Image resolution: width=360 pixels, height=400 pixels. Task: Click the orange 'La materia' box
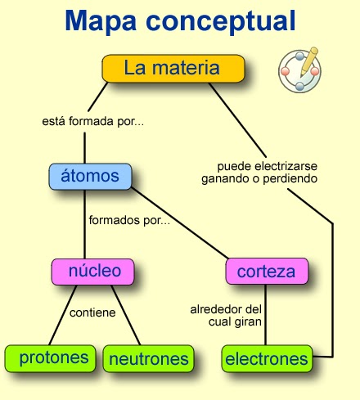tap(173, 69)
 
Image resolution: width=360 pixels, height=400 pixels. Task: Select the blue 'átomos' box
tap(90, 177)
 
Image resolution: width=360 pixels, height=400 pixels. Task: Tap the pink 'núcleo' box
tap(92, 272)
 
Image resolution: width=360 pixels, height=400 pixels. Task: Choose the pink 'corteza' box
tap(267, 272)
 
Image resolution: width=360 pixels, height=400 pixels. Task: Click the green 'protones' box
tap(50, 358)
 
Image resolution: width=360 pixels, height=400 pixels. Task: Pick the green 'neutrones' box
tap(149, 358)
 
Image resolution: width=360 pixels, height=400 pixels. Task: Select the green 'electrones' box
tap(267, 358)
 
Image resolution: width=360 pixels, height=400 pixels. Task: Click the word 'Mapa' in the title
tap(101, 21)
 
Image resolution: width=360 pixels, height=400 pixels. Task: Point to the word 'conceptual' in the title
tap(221, 21)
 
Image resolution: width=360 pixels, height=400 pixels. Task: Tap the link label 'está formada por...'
tap(92, 121)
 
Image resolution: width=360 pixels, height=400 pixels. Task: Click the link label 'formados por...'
tap(129, 220)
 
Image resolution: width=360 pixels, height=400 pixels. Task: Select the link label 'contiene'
tap(92, 312)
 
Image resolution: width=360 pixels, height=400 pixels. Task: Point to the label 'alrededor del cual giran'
tap(226, 316)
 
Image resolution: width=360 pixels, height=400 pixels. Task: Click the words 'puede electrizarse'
tap(268, 166)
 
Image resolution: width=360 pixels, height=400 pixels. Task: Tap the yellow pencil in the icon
tap(309, 62)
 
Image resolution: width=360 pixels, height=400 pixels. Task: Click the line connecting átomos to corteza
tap(179, 222)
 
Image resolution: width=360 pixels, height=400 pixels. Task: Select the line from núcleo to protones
tap(62, 315)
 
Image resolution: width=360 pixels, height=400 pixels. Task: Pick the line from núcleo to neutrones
tap(126, 315)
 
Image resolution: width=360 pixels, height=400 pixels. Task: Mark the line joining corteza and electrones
tap(265, 315)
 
